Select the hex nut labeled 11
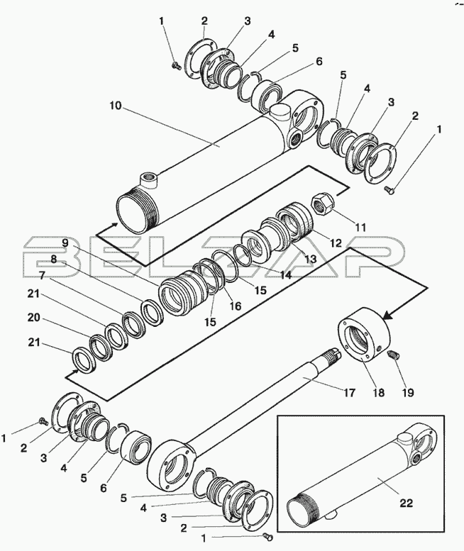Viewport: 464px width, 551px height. [x=322, y=204]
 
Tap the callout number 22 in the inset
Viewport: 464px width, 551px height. [x=406, y=503]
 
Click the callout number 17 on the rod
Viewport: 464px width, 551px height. [x=349, y=393]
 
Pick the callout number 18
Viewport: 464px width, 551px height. [x=379, y=393]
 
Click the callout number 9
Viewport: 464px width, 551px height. [x=65, y=243]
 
